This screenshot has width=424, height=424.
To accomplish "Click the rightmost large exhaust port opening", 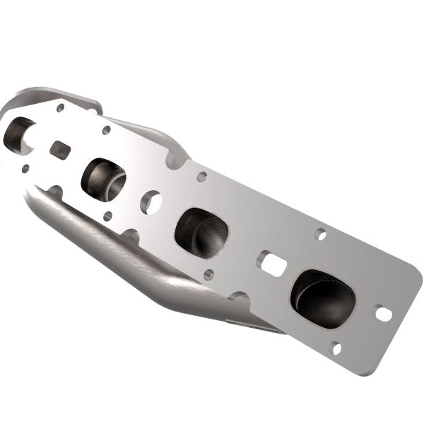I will pyautogui.click(x=322, y=298).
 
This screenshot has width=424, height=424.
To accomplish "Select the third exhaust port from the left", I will pyautogui.click(x=201, y=232).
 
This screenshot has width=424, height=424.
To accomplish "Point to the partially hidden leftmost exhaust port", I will pyautogui.click(x=17, y=134).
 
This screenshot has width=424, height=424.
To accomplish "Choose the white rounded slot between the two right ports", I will pyautogui.click(x=272, y=264).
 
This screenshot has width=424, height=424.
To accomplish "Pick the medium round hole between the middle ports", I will pyautogui.click(x=151, y=202).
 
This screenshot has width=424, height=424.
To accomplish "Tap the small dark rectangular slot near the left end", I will pyautogui.click(x=60, y=150).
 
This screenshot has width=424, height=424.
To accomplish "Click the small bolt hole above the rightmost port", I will pyautogui.click(x=320, y=234).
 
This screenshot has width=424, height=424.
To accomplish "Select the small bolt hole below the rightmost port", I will pyautogui.click(x=336, y=348).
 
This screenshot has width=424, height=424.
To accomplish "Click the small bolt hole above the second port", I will pyautogui.click(x=106, y=130).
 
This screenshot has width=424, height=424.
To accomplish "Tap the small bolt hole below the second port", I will pyautogui.click(x=107, y=216).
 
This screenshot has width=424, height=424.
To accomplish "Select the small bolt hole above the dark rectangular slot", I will pyautogui.click(x=60, y=108).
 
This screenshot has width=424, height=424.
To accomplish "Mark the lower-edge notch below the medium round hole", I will pyautogui.click(x=131, y=233).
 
